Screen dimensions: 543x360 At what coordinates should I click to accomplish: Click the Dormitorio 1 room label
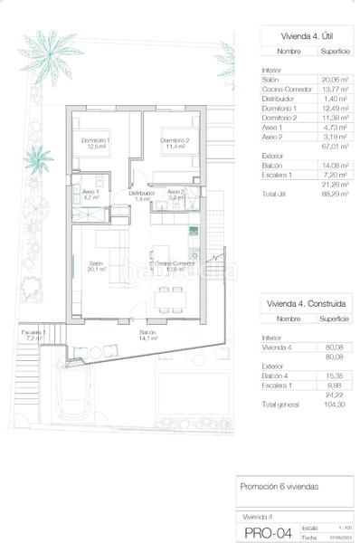click(x=96, y=143)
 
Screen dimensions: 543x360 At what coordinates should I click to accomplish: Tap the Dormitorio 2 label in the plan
click(x=174, y=143)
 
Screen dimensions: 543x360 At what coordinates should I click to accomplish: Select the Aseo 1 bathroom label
click(x=90, y=194)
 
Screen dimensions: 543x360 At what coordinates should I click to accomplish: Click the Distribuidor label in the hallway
click(x=140, y=195)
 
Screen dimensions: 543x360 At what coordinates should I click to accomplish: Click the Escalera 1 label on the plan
click(x=33, y=335)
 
